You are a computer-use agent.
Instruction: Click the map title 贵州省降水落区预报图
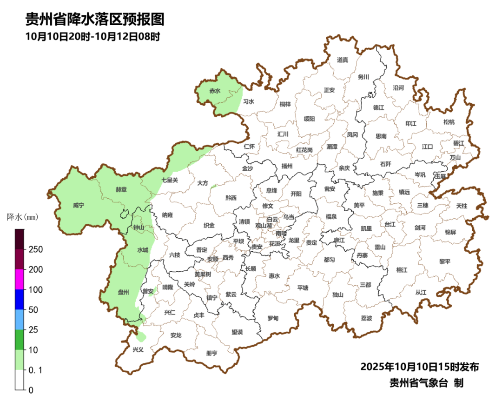(95, 20)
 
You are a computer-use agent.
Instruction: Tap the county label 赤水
(215, 91)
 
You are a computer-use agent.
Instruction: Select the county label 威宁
(79, 205)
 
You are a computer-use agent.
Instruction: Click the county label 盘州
(123, 292)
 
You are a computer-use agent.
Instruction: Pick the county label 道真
(343, 60)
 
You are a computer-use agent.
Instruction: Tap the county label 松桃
(449, 122)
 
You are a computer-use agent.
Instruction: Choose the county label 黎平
(445, 261)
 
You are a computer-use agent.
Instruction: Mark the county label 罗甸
(273, 318)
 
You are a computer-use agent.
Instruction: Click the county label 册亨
(211, 353)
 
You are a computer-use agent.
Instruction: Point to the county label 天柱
(462, 205)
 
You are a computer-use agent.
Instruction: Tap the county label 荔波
(366, 318)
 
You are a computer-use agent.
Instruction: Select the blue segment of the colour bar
(20, 299)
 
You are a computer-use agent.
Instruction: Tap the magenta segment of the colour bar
(20, 279)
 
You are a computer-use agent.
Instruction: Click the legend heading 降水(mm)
(22, 217)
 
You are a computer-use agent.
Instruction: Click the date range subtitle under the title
(93, 37)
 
